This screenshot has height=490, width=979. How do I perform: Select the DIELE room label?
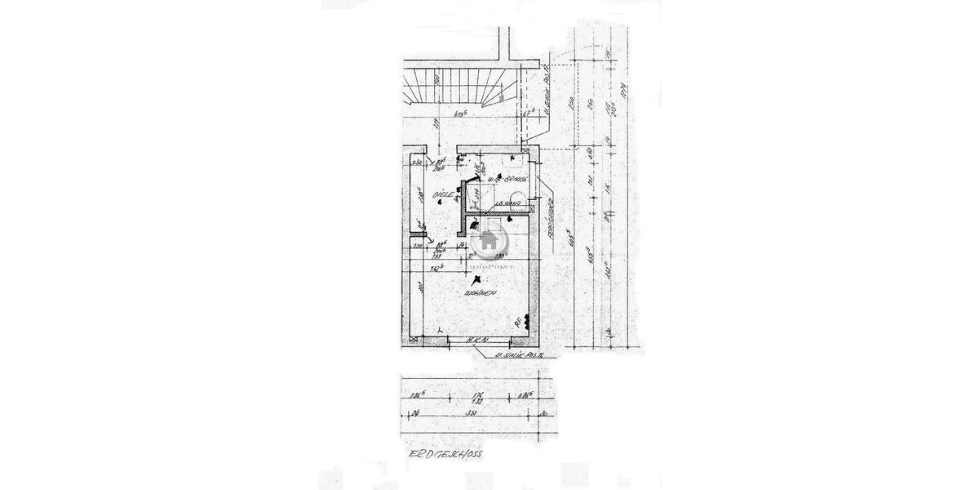point(443,194)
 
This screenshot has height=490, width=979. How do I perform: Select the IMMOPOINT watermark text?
point(489,264)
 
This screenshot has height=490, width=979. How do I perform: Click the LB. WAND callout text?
point(512,203)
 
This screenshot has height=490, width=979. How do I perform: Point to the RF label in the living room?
point(518,320)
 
